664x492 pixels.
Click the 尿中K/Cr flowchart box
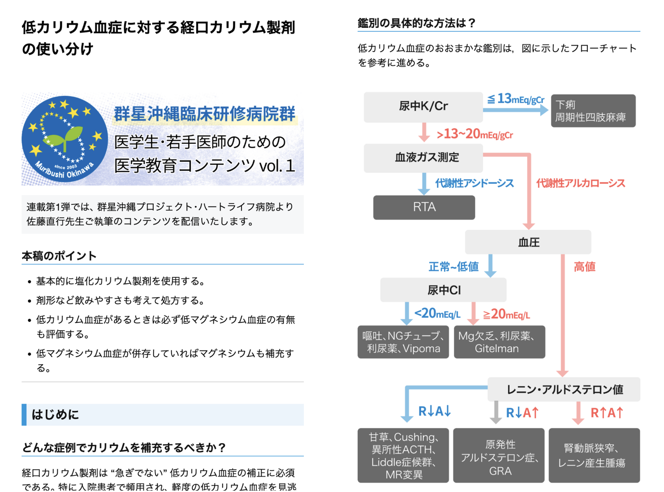tap(423, 107)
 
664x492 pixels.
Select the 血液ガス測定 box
tap(423, 158)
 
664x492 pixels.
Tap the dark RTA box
tap(424, 207)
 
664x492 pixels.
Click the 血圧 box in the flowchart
tap(528, 242)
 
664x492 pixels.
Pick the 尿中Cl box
tap(443, 290)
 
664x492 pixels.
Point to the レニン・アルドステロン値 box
tap(564, 389)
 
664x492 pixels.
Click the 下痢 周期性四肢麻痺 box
tap(593, 111)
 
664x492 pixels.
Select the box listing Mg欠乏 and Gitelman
tap(499, 342)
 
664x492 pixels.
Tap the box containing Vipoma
tap(403, 342)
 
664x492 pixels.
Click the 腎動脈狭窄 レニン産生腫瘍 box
tap(594, 455)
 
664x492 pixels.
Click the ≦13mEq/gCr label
tap(516, 99)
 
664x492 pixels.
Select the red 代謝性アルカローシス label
tap(580, 183)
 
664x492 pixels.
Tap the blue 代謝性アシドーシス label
tap(474, 183)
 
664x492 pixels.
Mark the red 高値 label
tap(584, 267)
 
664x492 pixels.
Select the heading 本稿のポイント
tap(59, 256)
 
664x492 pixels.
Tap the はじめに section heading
tap(56, 414)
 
